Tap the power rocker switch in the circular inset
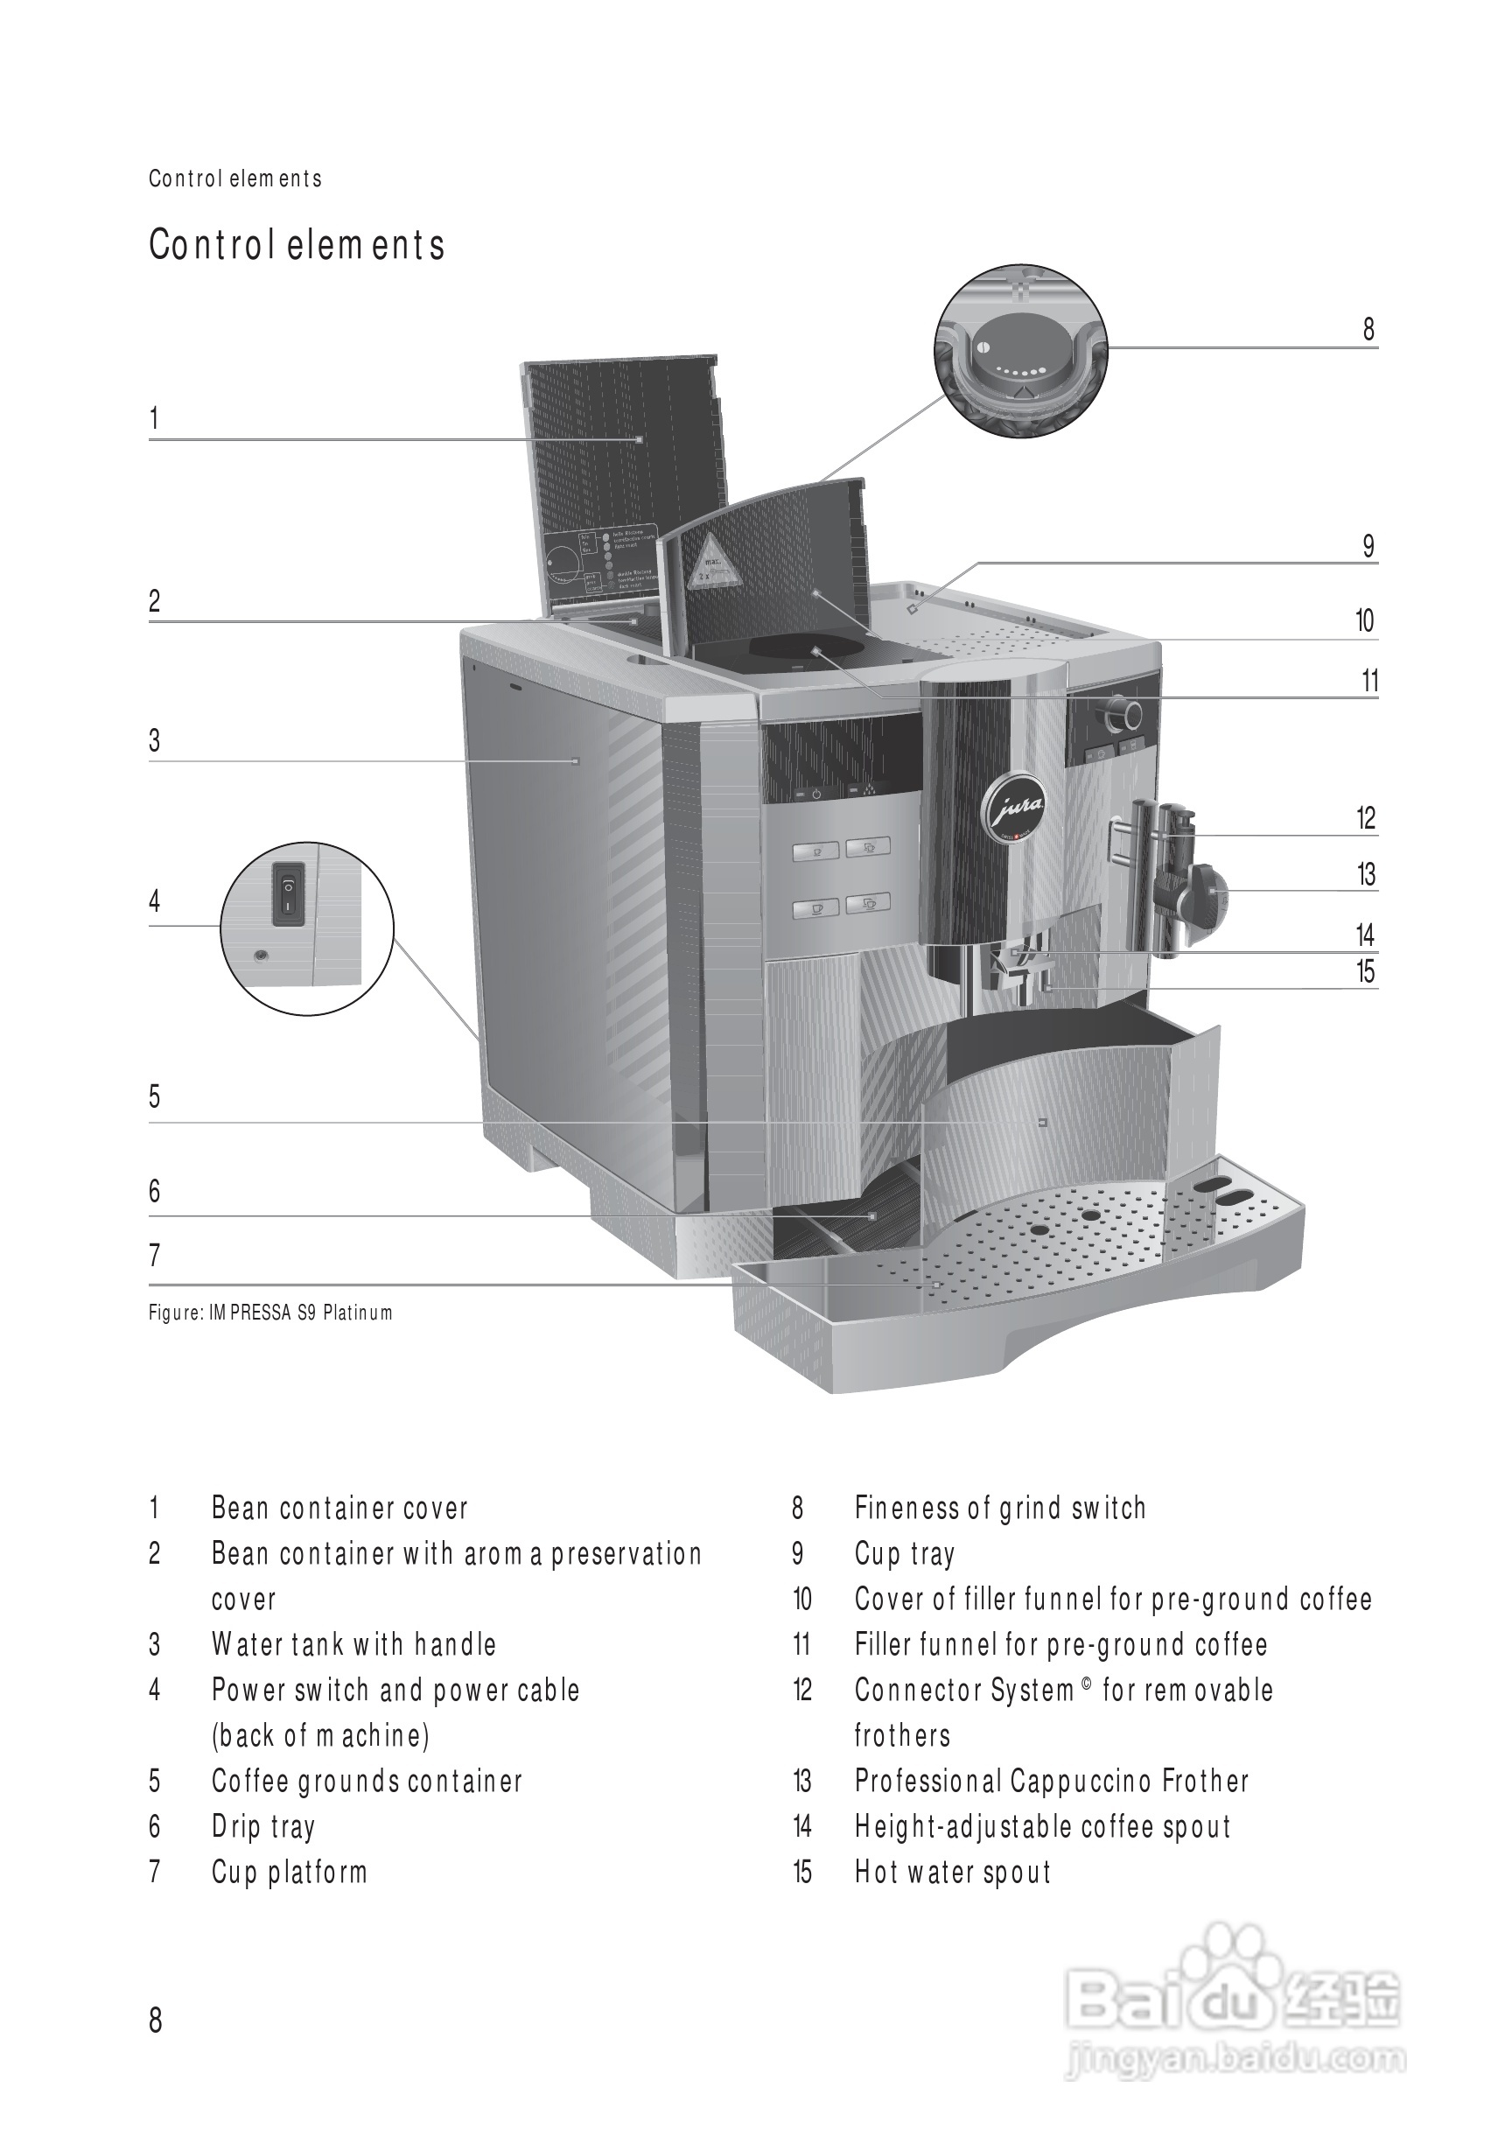click(x=289, y=893)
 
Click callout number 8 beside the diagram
click(x=1368, y=330)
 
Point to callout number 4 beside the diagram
click(x=155, y=900)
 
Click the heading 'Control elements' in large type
click(x=297, y=246)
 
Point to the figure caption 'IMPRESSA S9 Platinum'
click(x=270, y=1313)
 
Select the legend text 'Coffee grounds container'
click(x=367, y=1781)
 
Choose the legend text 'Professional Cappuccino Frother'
click(x=1051, y=1781)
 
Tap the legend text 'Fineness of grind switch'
click(x=999, y=1509)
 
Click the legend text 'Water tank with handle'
click(x=353, y=1644)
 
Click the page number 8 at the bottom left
click(x=155, y=2020)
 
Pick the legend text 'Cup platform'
click(x=290, y=1872)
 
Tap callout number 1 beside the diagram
click(x=154, y=418)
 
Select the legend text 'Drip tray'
click(x=263, y=1825)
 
